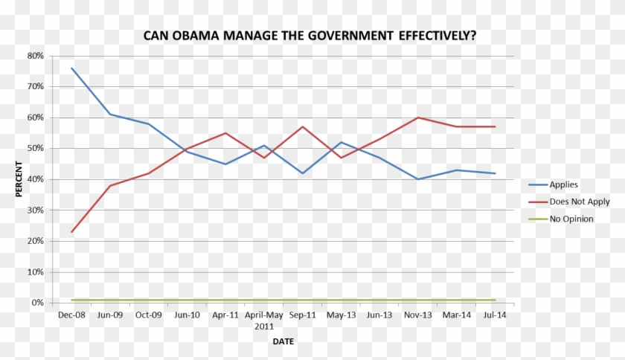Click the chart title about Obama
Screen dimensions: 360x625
point(310,36)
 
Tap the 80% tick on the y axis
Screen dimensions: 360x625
point(35,56)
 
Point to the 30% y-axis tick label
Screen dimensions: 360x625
point(35,210)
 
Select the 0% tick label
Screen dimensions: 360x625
point(37,303)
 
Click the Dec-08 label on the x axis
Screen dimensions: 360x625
point(71,315)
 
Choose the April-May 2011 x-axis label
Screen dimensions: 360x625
point(264,321)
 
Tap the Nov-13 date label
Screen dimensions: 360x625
point(418,315)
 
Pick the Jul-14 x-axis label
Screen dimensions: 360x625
point(495,315)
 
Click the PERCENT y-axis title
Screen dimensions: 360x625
point(19,179)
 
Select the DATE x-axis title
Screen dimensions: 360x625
point(283,341)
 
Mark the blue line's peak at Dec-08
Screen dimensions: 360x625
point(72,68)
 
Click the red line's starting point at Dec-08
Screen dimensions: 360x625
point(72,232)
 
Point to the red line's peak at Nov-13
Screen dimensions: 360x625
point(418,118)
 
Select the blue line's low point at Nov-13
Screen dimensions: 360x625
point(418,179)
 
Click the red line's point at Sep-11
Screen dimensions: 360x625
point(303,126)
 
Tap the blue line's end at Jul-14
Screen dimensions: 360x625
point(495,173)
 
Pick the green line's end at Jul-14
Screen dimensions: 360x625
point(495,300)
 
